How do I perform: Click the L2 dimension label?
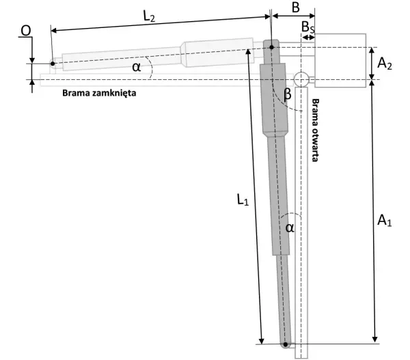click(149, 17)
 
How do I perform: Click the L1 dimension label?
click(243, 199)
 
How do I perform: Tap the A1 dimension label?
click(384, 220)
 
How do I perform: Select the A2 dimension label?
click(384, 64)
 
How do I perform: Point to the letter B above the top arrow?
click(295, 8)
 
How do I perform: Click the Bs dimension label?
click(308, 27)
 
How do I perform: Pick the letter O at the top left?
click(26, 31)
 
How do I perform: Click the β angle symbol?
click(287, 94)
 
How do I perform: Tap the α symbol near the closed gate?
click(137, 67)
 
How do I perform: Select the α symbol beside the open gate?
click(290, 227)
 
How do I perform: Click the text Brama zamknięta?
click(99, 93)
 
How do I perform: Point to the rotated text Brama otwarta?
click(316, 130)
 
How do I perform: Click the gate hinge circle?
click(301, 79)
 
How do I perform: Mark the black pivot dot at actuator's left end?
click(53, 64)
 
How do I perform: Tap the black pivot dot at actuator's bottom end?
click(286, 344)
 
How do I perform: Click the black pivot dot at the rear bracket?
click(272, 47)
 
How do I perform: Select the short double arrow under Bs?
click(308, 38)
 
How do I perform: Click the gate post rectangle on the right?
click(340, 60)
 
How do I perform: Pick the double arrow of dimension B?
click(293, 16)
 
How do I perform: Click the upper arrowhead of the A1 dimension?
click(373, 83)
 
